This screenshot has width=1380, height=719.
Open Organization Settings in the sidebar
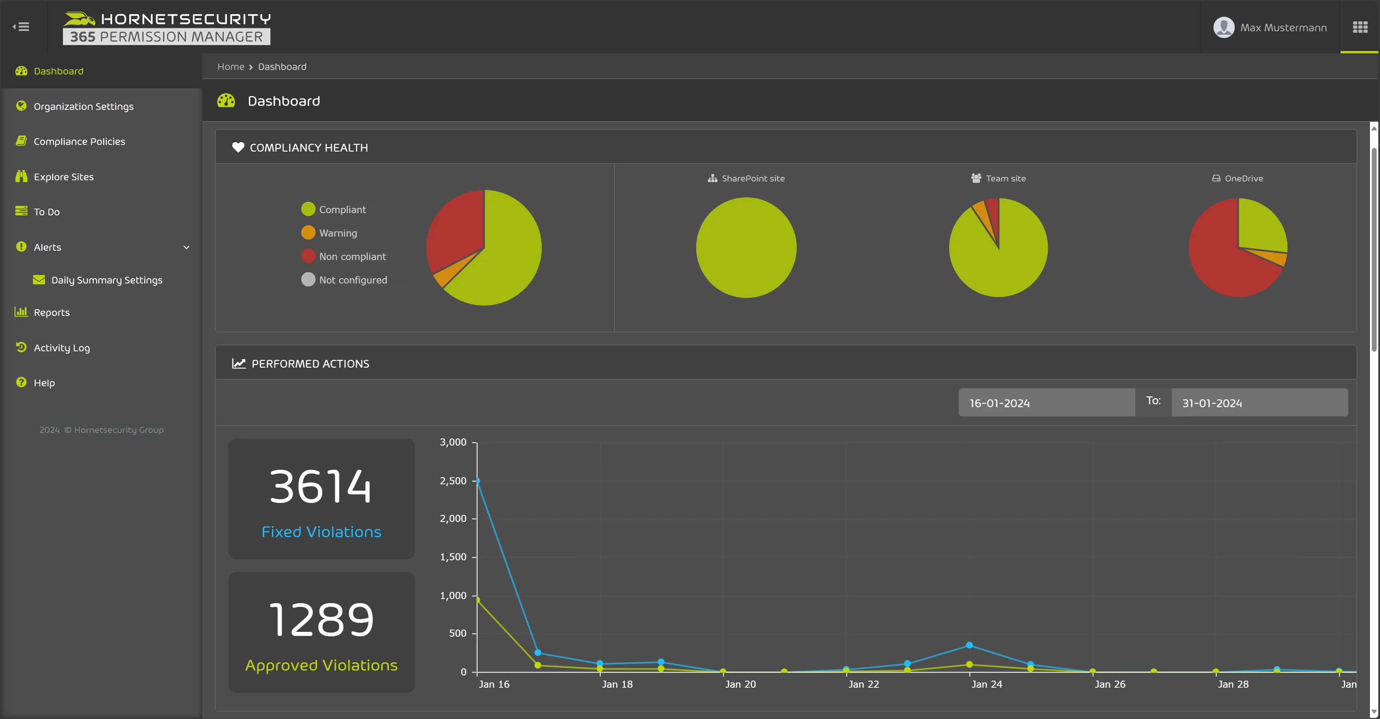click(x=83, y=107)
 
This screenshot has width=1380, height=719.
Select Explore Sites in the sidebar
click(x=63, y=177)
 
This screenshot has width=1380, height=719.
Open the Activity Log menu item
click(x=61, y=348)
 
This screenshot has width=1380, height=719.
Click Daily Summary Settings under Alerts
click(x=106, y=280)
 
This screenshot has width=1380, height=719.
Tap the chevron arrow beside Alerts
click(x=187, y=247)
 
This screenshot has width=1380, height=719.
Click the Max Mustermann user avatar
click(x=1224, y=27)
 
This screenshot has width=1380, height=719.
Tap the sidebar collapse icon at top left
click(x=22, y=27)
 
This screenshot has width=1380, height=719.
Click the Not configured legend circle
click(x=308, y=280)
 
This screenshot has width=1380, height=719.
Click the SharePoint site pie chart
click(x=746, y=247)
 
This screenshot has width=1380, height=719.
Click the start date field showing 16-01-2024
click(x=1046, y=403)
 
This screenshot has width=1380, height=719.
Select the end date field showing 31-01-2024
click(x=1259, y=403)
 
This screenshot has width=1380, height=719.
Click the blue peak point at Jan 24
click(x=969, y=645)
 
